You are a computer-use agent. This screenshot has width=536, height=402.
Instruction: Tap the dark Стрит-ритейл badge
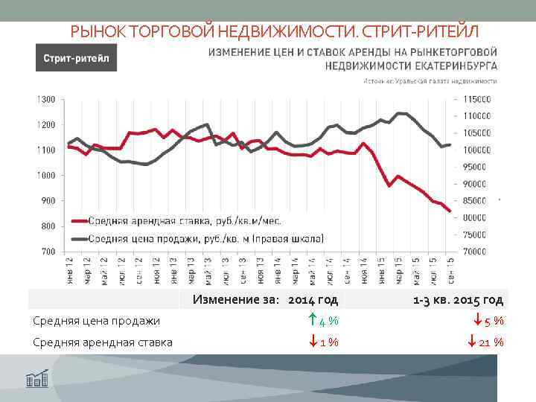tap(74, 58)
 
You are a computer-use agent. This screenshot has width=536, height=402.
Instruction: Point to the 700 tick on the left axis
tap(48, 252)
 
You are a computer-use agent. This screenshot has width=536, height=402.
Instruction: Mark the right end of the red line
tap(450, 211)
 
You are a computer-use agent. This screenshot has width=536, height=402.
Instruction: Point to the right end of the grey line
tap(451, 144)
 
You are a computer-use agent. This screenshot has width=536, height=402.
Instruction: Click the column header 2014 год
tap(313, 300)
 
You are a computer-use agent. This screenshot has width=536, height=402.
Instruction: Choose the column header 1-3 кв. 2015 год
tap(458, 300)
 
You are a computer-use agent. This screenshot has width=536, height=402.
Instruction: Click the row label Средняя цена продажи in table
tap(97, 321)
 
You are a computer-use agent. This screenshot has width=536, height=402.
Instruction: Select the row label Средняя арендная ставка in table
tap(103, 342)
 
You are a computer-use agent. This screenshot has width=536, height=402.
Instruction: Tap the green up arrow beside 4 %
tap(312, 321)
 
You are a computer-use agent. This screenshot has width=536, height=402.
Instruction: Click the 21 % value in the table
tap(492, 342)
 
